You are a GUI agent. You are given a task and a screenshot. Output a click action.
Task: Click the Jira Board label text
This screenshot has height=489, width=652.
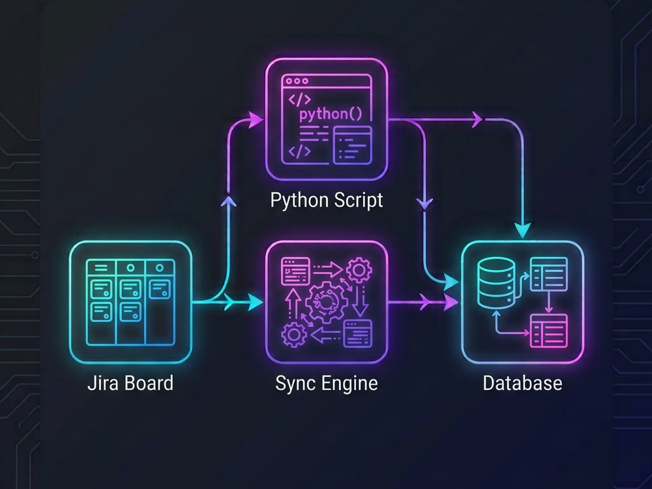(130, 383)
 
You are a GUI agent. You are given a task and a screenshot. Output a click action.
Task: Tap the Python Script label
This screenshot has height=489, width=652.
(327, 200)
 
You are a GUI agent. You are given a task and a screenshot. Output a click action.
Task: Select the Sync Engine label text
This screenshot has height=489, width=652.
(327, 383)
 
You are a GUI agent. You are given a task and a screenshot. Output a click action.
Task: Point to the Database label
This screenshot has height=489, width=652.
(522, 383)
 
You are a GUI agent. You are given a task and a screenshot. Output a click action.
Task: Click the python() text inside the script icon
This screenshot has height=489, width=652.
(331, 113)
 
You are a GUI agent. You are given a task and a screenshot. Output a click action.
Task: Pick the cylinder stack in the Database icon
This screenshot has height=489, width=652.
(496, 283)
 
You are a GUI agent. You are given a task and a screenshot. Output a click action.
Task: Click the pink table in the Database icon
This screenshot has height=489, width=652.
(549, 331)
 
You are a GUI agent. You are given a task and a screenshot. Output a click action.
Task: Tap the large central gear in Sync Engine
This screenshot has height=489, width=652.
(327, 303)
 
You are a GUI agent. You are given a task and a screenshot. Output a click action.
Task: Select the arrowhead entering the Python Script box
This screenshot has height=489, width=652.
(255, 120)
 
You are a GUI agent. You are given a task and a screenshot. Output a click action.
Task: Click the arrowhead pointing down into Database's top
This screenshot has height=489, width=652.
(523, 230)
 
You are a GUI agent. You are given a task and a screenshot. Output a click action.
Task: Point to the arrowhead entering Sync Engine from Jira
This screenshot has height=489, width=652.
(254, 303)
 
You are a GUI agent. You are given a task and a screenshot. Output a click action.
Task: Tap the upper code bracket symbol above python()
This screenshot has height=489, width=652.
(299, 99)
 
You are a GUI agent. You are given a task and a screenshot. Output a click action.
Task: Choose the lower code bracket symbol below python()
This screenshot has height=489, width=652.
(299, 151)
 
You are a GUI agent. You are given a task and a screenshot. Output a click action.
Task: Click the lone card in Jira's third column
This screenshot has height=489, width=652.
(160, 289)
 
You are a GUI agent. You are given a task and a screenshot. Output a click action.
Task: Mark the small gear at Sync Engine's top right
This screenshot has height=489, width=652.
(359, 271)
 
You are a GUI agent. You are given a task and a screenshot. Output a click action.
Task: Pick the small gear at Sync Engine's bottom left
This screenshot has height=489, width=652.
(295, 334)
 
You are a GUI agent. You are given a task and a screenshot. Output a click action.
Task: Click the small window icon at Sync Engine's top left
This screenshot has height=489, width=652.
(295, 271)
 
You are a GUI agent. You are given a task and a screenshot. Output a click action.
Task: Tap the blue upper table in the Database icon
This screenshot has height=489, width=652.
(549, 274)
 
